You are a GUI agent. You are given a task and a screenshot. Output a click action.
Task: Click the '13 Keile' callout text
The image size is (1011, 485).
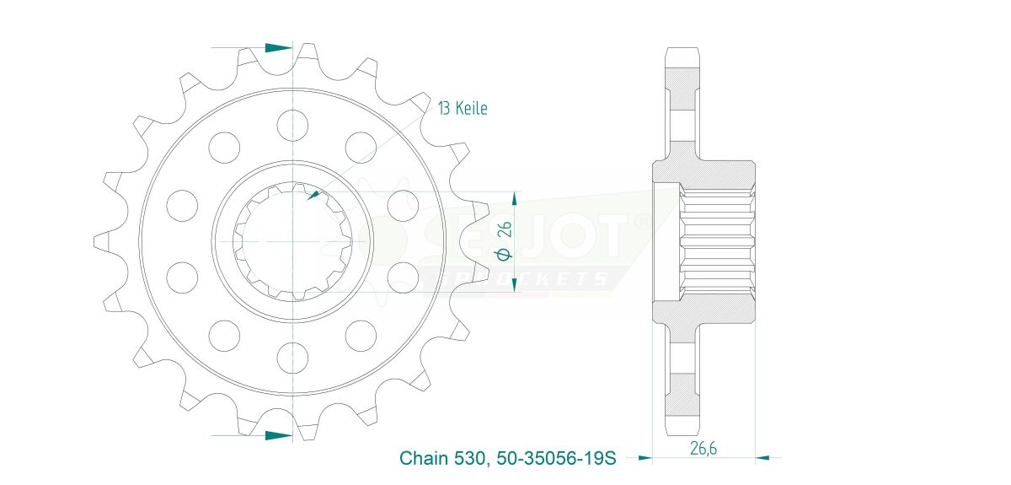463,109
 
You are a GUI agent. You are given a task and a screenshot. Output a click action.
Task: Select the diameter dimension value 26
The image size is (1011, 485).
506,229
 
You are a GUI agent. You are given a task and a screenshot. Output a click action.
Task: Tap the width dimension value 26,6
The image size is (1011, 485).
703,448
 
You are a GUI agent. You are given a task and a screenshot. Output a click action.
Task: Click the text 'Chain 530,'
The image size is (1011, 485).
445,458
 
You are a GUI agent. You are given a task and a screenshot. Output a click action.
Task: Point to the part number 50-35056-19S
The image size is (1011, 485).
556,458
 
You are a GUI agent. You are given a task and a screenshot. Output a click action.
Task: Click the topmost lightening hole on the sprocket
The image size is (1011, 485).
292,125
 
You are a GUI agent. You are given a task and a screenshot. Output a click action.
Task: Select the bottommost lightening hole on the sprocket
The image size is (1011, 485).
292,358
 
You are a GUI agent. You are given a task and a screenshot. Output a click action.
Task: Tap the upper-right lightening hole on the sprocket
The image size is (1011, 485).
361,148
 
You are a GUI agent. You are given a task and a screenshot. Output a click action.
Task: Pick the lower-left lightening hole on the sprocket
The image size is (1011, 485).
182,278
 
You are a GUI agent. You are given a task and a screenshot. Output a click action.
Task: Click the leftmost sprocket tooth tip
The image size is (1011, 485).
94,242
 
